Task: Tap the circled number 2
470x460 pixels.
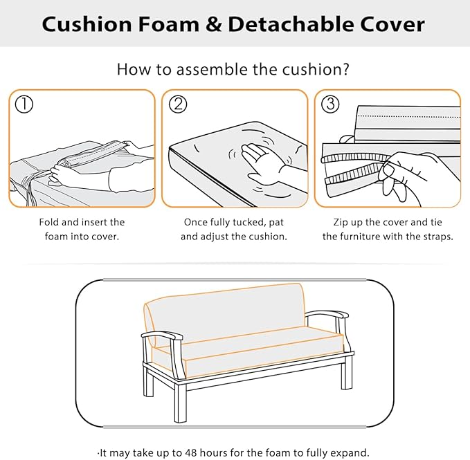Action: coord(179,104)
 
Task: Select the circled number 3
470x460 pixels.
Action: coord(331,104)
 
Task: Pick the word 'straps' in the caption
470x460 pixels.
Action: coord(435,236)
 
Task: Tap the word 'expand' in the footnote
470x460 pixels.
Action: coord(346,453)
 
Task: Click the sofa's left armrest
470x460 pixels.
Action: coord(161,337)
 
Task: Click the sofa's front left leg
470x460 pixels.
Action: coord(181,401)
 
